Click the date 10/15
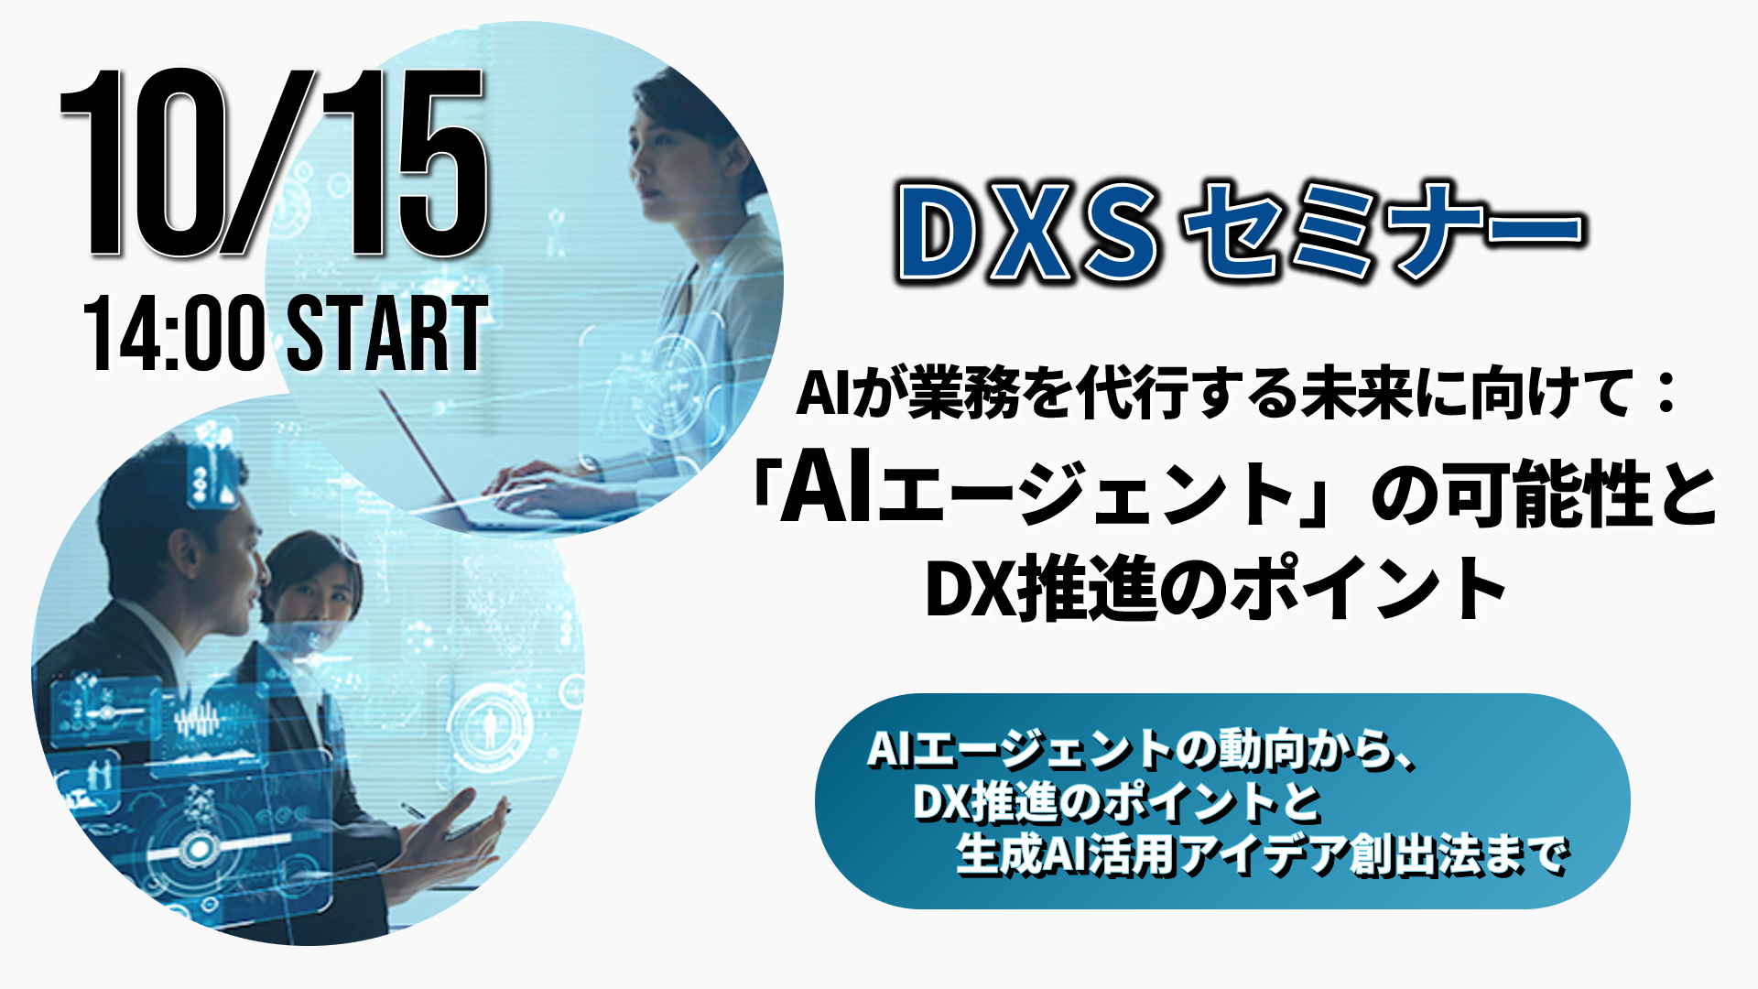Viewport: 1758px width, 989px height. click(273, 163)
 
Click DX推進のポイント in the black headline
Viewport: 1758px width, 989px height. click(1217, 589)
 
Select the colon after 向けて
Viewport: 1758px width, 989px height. click(1666, 394)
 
